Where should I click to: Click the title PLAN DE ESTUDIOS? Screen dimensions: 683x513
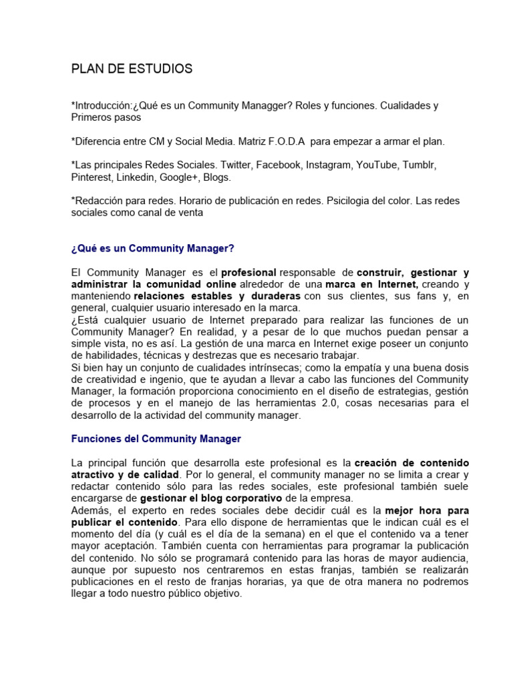(x=132, y=69)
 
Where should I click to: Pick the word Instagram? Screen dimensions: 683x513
(x=329, y=165)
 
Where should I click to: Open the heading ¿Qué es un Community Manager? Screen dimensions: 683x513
(x=153, y=248)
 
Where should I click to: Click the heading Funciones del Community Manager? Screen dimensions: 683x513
(x=156, y=439)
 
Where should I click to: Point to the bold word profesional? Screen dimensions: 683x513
(x=248, y=273)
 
